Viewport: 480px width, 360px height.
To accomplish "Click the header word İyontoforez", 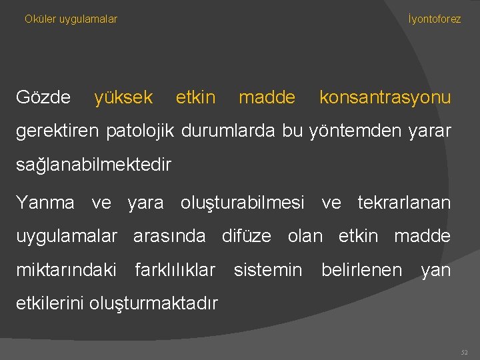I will (x=434, y=19).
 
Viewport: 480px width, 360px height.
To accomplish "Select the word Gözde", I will (x=43, y=98).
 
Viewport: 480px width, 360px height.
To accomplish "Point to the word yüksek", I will (x=123, y=98).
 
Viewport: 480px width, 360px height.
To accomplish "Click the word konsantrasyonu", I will (x=385, y=98).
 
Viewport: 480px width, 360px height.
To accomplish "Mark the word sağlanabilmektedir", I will (x=93, y=164).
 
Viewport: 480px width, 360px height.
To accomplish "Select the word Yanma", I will (x=45, y=202).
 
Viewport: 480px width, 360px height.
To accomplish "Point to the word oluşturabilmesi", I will (x=243, y=202).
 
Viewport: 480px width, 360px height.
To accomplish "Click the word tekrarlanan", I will (x=404, y=202).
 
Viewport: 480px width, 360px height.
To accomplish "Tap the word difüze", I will (x=246, y=236).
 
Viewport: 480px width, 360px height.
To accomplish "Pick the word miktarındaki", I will (x=65, y=270).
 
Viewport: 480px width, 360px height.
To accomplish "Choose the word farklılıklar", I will (x=175, y=270).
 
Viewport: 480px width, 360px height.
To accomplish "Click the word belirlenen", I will (x=361, y=270).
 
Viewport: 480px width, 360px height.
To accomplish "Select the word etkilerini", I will (x=51, y=303).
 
